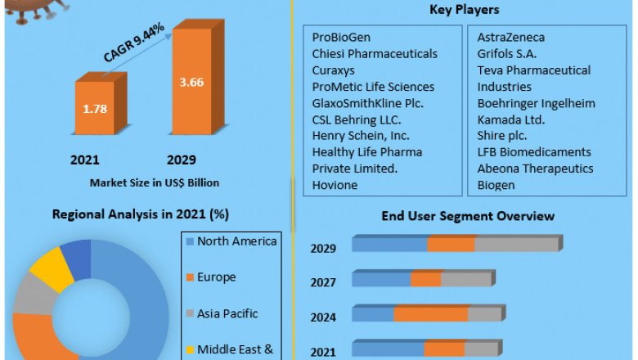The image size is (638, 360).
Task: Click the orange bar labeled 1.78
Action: coord(95,108)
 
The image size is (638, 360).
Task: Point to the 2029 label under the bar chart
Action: coord(181,160)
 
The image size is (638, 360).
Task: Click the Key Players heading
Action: coord(465,10)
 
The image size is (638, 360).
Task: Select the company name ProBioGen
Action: coord(340,38)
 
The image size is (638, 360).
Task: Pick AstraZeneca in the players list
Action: coord(511,38)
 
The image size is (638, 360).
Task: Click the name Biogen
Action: coord(496,185)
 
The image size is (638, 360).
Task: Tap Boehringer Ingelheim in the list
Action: coord(536,103)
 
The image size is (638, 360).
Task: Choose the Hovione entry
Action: coord(334,185)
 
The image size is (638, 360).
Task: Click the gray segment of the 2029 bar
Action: coord(515,245)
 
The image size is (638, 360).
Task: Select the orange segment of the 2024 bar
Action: coord(430,314)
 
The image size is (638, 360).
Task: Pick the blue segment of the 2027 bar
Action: coord(381,280)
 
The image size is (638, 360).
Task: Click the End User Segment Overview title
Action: coord(467,216)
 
